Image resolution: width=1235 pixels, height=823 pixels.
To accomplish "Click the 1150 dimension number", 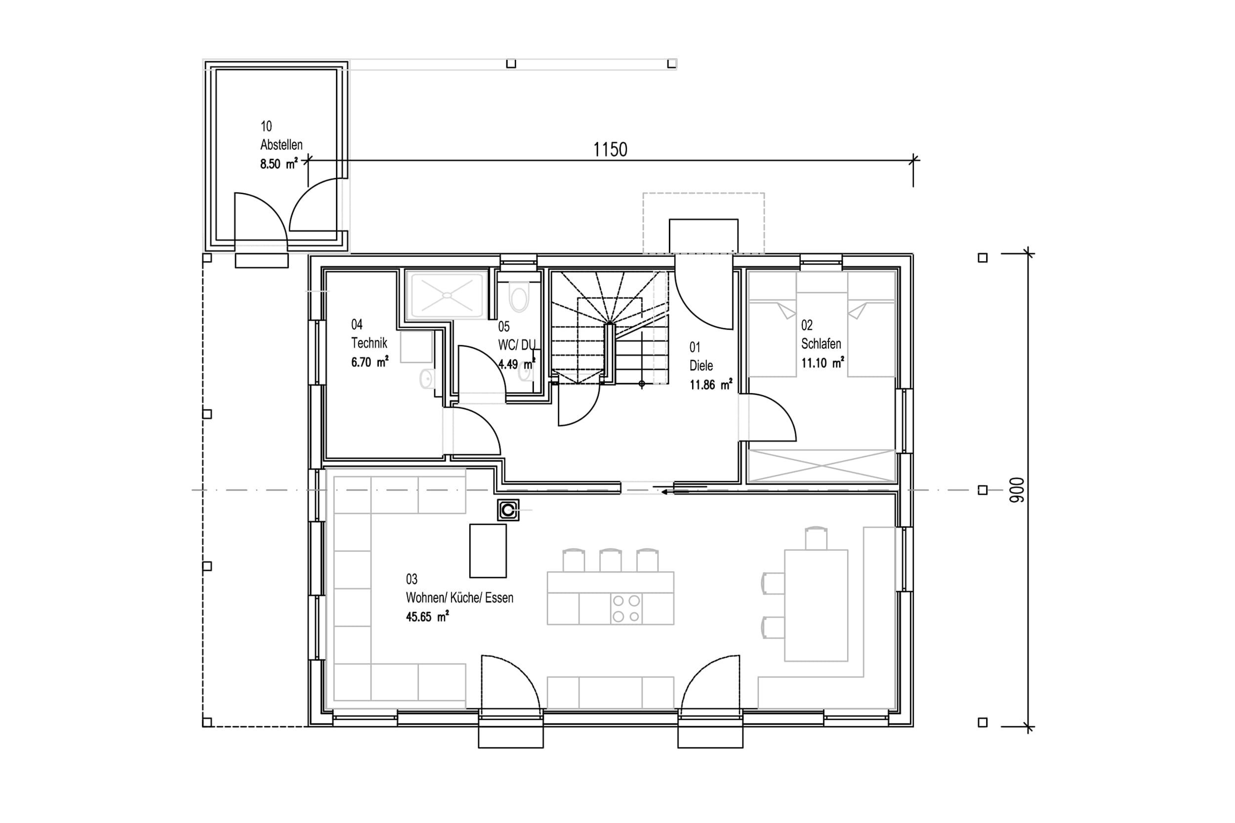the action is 610,150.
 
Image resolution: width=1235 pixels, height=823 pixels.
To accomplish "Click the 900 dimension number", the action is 1017,490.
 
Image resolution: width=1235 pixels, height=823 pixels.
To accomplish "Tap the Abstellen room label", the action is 282,144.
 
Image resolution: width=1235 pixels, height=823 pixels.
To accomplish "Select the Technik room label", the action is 369,343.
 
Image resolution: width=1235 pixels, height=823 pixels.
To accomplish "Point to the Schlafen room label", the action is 821,344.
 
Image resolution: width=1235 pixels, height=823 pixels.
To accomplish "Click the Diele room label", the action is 701,365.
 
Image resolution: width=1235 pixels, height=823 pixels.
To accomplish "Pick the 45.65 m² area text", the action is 427,616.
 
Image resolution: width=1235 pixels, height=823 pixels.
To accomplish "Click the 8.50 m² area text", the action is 279,164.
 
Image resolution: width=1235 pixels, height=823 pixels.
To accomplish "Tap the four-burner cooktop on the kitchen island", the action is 626,608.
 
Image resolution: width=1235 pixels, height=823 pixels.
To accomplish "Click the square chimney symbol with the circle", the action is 508,509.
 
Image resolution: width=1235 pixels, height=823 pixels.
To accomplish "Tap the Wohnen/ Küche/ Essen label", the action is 459,597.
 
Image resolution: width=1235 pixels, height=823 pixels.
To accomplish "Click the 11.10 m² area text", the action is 823,363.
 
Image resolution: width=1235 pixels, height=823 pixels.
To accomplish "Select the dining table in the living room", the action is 816,605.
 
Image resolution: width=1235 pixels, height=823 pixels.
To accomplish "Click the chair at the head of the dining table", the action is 816,538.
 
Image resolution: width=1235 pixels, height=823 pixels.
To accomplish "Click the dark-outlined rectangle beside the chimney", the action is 488,550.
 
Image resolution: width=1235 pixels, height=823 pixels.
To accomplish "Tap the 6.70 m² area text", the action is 370,362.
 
